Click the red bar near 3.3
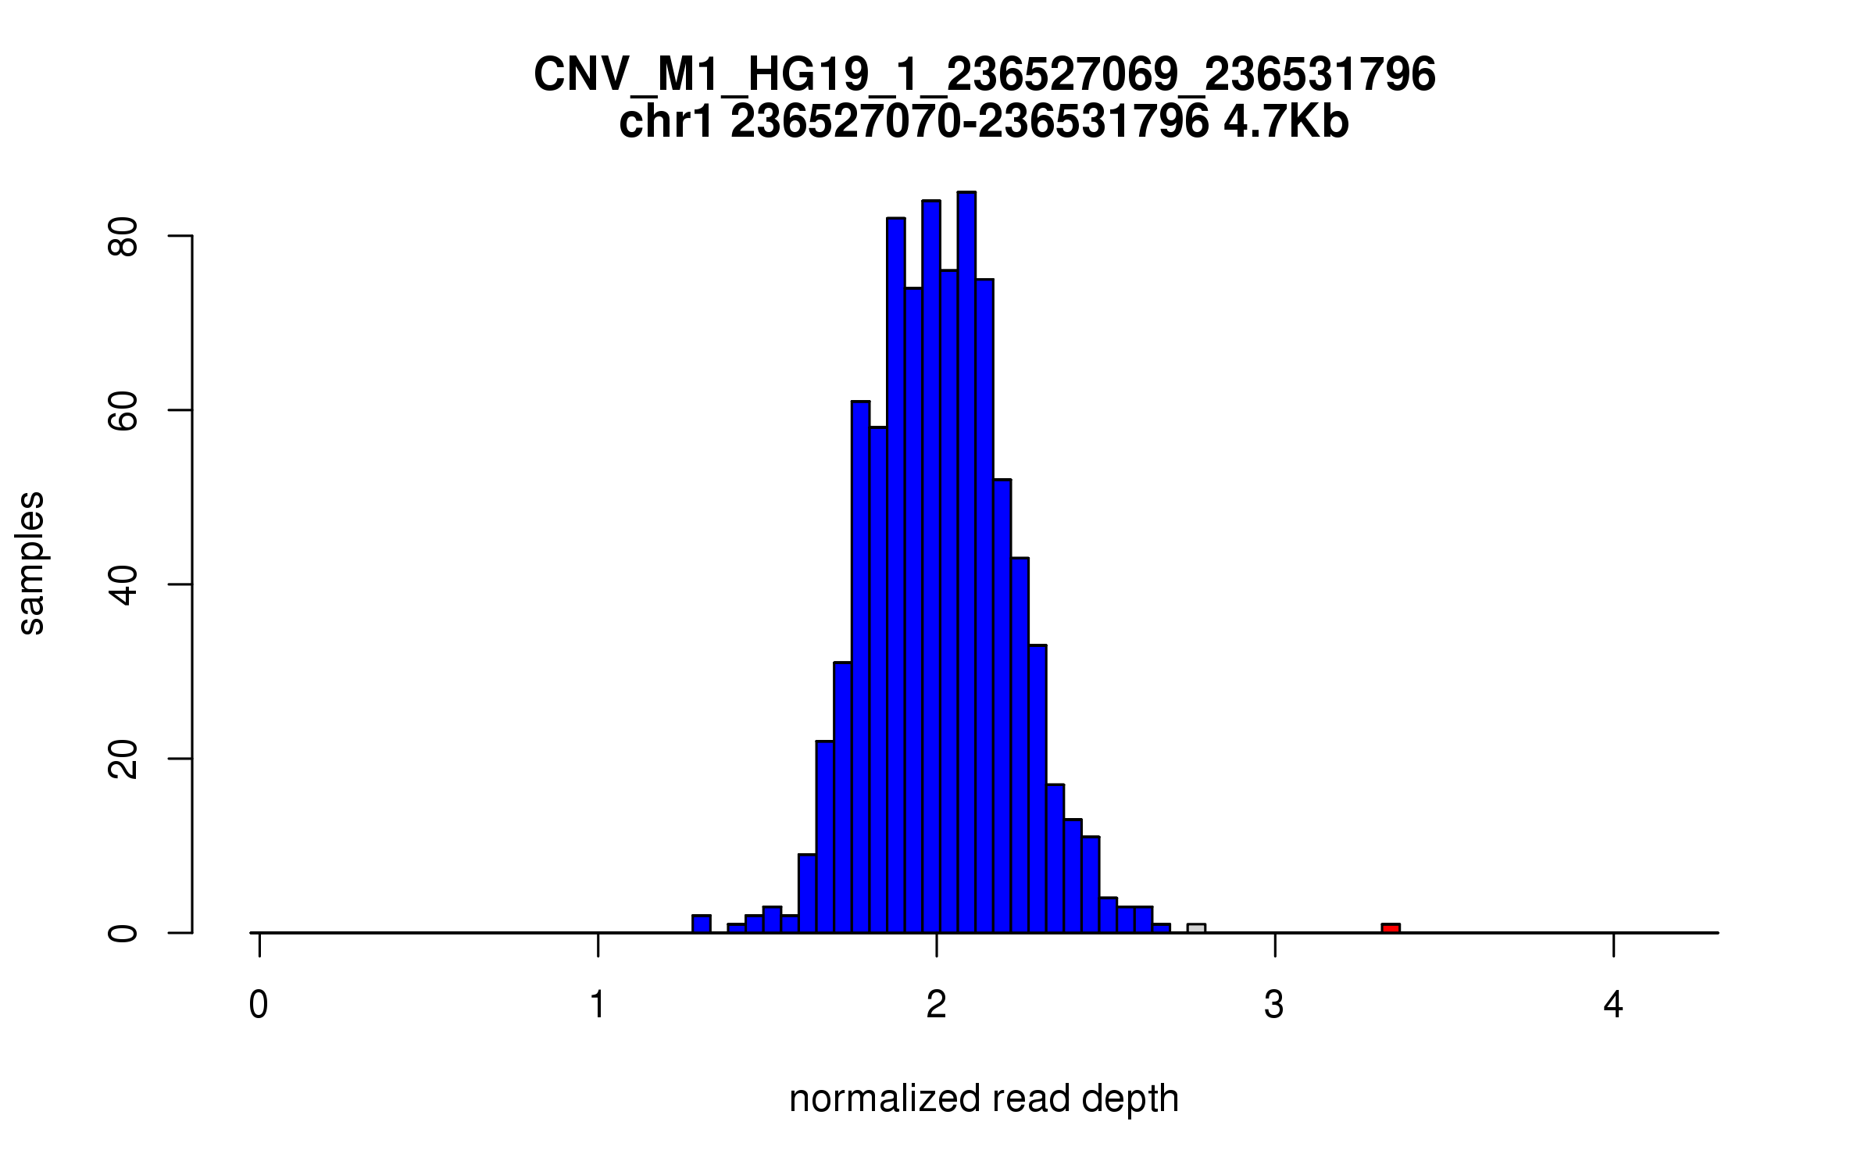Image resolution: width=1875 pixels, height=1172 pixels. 1390,928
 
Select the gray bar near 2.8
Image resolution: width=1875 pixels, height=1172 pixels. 1196,928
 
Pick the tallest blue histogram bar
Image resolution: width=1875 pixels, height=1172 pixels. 966,563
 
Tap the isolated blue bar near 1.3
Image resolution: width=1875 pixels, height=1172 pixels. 702,924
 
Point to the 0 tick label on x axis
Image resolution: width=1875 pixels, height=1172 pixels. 259,1005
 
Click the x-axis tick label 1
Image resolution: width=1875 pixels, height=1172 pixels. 598,1005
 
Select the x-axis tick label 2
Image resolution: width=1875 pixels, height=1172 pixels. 936,1005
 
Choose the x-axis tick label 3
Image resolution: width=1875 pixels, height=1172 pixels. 1274,1005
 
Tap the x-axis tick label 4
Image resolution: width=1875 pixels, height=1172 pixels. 1613,1005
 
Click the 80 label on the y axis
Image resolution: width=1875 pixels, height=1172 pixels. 123,236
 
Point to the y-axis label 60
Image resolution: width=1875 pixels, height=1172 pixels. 123,410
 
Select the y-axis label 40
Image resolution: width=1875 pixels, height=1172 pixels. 123,584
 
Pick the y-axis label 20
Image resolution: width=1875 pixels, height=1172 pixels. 123,759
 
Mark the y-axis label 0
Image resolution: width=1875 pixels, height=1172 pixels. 123,933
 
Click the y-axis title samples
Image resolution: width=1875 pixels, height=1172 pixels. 31,563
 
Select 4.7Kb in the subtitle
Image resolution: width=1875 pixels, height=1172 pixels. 1286,123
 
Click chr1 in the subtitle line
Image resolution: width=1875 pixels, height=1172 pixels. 666,123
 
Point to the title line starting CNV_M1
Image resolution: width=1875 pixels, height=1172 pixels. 984,75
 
